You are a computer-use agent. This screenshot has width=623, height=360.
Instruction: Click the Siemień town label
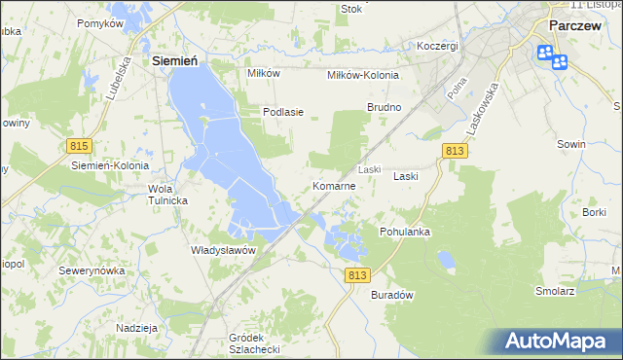pyautogui.click(x=176, y=60)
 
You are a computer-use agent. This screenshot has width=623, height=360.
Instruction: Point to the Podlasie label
pyautogui.click(x=284, y=112)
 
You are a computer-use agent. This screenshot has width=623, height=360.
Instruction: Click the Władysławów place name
pyautogui.click(x=223, y=249)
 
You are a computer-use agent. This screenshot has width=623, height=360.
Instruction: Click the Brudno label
pyautogui.click(x=384, y=106)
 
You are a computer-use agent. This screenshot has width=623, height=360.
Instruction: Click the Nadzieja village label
pyautogui.click(x=137, y=328)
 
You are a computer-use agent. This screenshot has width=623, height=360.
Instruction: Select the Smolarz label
pyautogui.click(x=556, y=290)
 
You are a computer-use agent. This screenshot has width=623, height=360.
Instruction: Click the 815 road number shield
pyautogui.click(x=80, y=145)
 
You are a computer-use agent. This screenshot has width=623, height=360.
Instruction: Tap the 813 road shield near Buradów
pyautogui.click(x=357, y=275)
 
